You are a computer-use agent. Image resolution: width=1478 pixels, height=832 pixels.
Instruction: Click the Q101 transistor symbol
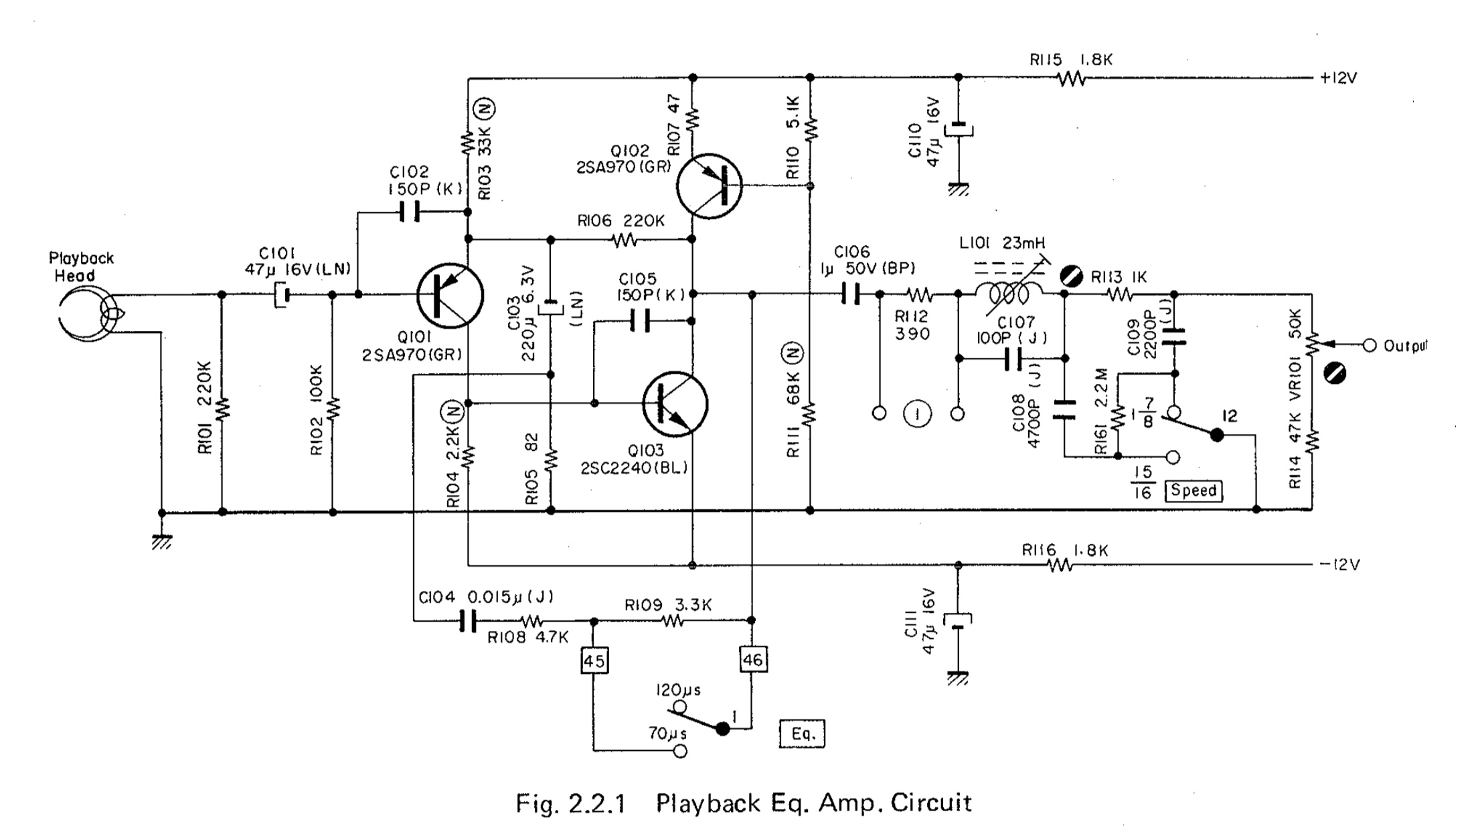(450, 295)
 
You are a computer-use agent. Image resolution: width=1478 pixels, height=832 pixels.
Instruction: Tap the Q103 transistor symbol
(675, 404)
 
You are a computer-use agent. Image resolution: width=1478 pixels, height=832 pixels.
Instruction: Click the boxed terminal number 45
(594, 661)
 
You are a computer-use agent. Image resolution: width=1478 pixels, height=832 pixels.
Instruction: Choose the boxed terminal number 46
(752, 660)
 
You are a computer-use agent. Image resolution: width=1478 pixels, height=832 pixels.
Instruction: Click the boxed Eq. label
(802, 734)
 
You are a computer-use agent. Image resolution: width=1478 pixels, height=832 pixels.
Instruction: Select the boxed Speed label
(1194, 490)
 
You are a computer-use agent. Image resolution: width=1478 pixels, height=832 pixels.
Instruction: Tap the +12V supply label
(1338, 78)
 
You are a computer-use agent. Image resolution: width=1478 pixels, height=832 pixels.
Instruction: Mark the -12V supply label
(1339, 565)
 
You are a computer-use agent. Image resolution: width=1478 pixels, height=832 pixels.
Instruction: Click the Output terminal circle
(1370, 346)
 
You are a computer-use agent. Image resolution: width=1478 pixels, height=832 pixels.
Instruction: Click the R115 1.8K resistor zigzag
(1071, 79)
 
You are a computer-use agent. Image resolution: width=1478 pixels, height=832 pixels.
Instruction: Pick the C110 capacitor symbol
(959, 129)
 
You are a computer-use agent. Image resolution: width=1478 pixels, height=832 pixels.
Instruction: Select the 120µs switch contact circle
(679, 707)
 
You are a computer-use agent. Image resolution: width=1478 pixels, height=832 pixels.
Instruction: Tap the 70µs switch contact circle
(680, 751)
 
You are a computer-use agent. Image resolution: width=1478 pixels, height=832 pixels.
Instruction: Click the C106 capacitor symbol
(850, 294)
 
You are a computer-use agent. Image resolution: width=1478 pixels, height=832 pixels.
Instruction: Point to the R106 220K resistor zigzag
(625, 239)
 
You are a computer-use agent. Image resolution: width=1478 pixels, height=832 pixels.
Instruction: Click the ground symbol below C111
(958, 679)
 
